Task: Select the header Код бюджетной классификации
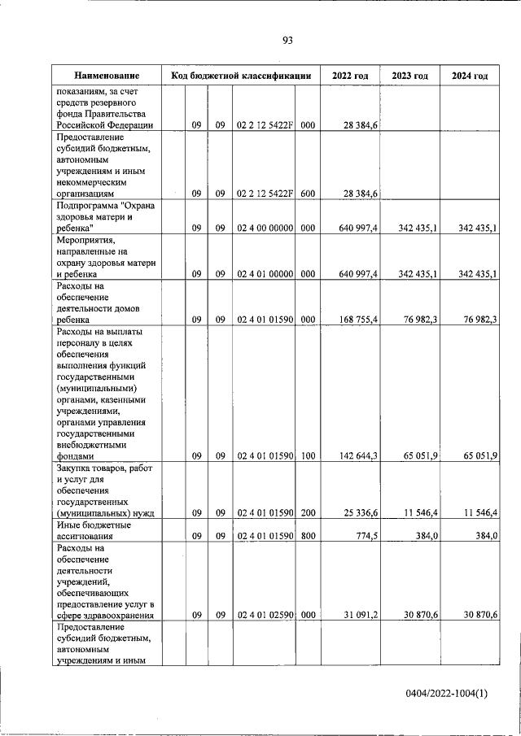[x=241, y=76]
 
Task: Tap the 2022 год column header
[x=350, y=76]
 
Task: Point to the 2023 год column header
[x=409, y=76]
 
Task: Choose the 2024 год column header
[x=470, y=76]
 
